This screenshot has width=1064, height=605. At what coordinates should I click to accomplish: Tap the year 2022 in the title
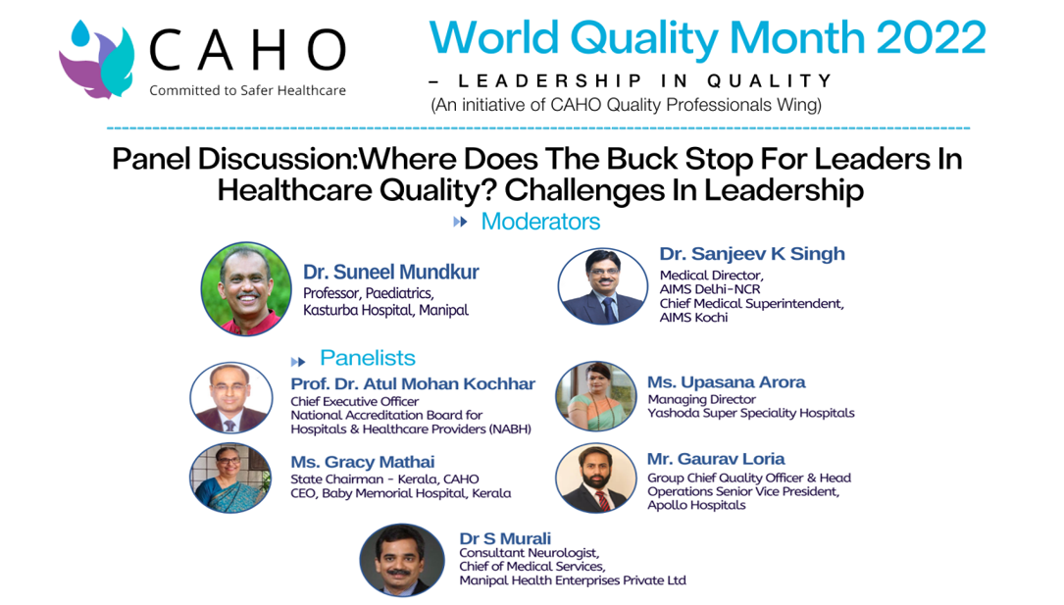pos(931,37)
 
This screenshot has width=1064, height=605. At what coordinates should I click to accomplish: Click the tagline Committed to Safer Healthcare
pos(248,90)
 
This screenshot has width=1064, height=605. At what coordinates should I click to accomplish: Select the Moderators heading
pos(540,222)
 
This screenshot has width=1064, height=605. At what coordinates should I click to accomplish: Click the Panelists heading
pos(368,358)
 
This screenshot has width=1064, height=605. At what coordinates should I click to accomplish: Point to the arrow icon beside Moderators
pos(460,222)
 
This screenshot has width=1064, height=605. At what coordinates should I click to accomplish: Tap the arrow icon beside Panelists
pos(298,362)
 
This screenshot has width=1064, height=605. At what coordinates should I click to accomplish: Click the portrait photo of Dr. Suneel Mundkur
pos(246,289)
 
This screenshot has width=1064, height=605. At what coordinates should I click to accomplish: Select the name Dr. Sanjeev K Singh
pos(752,254)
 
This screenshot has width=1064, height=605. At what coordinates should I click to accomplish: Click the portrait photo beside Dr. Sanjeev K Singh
pos(602,286)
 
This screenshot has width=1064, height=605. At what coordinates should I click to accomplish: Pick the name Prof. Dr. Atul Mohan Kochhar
pos(413,384)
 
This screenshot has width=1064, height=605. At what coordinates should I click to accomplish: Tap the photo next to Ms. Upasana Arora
pos(596,396)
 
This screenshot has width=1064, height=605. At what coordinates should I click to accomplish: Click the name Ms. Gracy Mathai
pos(363,462)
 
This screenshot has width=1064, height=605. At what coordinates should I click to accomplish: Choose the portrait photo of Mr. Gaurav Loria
pos(596,478)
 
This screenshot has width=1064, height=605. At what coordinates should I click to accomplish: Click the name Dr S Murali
pos(505,538)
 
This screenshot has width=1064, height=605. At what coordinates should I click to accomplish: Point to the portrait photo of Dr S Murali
pos(402,560)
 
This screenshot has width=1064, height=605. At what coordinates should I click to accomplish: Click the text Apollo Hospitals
pos(696,505)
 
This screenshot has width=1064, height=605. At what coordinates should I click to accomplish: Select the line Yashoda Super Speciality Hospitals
pos(751,413)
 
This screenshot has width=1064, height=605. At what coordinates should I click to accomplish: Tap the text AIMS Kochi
pos(693,318)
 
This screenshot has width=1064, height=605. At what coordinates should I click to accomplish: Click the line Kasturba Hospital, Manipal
pos(386,310)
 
